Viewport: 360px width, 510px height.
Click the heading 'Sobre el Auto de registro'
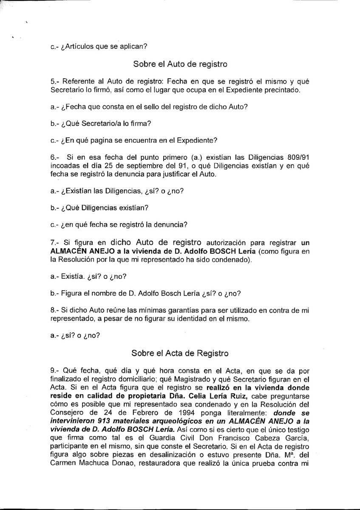[180, 64]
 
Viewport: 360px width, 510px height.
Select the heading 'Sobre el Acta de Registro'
[180, 353]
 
